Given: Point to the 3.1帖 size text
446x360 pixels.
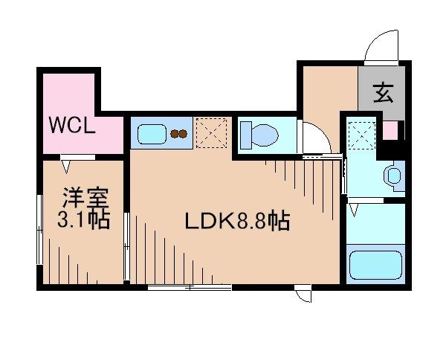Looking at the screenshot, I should point(85,219).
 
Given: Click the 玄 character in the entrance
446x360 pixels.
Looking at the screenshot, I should point(382,94).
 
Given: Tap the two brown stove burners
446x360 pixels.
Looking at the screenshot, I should point(179,135).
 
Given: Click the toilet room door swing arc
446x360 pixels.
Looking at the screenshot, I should point(314,138).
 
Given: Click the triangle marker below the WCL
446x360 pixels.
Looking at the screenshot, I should point(68,165).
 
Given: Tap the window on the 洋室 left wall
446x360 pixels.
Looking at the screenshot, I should point(39,231).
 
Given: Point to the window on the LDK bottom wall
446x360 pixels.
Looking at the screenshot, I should point(179,286).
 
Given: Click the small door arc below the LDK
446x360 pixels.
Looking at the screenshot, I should point(303,296).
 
